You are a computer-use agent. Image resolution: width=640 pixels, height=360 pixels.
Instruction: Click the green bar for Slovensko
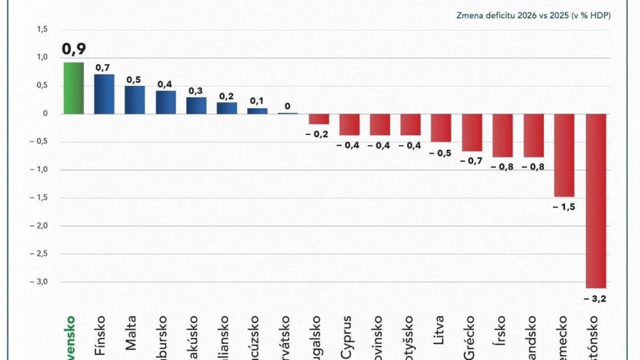[x=73, y=88]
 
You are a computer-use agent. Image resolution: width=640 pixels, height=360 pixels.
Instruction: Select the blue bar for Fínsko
[x=104, y=94]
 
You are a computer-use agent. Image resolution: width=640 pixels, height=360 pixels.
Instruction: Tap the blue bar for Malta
[x=135, y=100]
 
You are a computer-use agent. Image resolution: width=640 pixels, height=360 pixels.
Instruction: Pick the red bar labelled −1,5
[x=564, y=155]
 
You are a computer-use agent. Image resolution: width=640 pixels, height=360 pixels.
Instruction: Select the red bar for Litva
[x=441, y=127]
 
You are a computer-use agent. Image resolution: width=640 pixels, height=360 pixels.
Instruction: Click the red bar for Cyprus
[x=349, y=124]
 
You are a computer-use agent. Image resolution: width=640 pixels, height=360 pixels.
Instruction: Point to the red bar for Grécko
[x=472, y=132]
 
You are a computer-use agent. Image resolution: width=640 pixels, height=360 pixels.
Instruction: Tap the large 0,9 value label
[x=74, y=49]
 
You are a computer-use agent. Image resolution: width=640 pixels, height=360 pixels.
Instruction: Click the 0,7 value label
[x=103, y=68]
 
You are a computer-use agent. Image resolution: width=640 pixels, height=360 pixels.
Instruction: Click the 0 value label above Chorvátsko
[x=288, y=106]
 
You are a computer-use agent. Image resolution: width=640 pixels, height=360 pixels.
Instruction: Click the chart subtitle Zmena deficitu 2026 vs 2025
[x=533, y=15]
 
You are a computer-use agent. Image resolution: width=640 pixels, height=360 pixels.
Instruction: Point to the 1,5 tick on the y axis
[x=42, y=29]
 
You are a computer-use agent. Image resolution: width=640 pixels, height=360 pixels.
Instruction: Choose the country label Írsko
[x=501, y=333]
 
